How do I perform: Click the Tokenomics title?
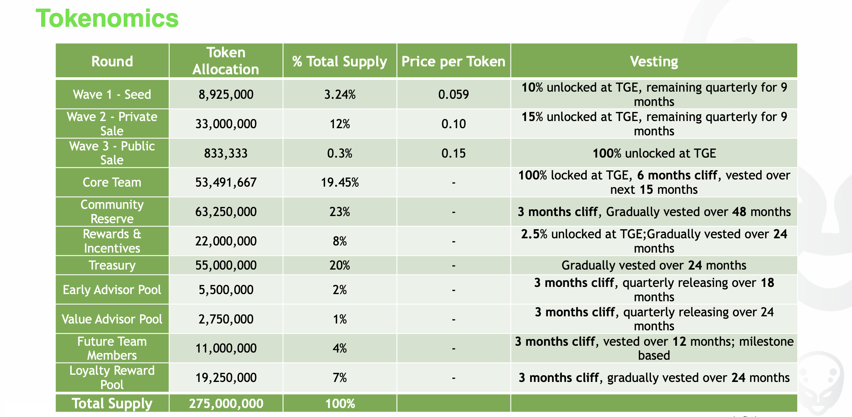pyautogui.click(x=107, y=18)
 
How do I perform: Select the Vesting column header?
pyautogui.click(x=654, y=61)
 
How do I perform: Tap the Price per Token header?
pyautogui.click(x=453, y=61)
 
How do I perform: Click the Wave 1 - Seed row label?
pyautogui.click(x=112, y=94)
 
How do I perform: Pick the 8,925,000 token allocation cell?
pyautogui.click(x=226, y=94)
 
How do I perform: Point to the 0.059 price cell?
pyautogui.click(x=453, y=94)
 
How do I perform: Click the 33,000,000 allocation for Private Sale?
pyautogui.click(x=226, y=124)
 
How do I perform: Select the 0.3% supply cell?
pyautogui.click(x=340, y=153)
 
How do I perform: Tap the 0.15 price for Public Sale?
pyautogui.click(x=453, y=153)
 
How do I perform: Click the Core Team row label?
pyautogui.click(x=112, y=182)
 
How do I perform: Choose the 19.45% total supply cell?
pyautogui.click(x=340, y=182)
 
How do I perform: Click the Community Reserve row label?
pyautogui.click(x=112, y=212)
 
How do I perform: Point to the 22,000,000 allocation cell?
pyautogui.click(x=226, y=241)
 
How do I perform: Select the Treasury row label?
pyautogui.click(x=112, y=265)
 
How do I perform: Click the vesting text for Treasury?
pyautogui.click(x=654, y=265)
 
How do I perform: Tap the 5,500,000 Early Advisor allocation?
pyautogui.click(x=226, y=290)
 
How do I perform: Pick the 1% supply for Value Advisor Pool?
pyautogui.click(x=340, y=319)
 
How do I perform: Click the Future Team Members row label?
pyautogui.click(x=112, y=348)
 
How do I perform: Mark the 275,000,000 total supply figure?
pyautogui.click(x=226, y=403)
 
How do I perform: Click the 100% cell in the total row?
pyautogui.click(x=340, y=403)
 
